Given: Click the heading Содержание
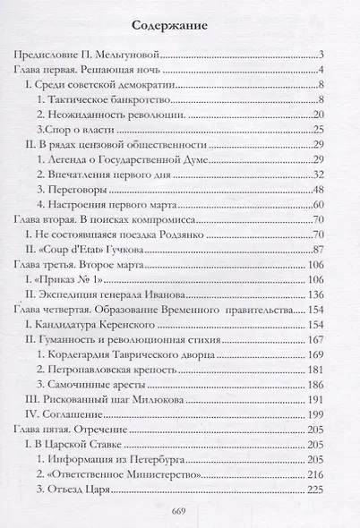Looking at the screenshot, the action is pos(179,26).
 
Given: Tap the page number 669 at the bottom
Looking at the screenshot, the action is pos(179,512).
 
